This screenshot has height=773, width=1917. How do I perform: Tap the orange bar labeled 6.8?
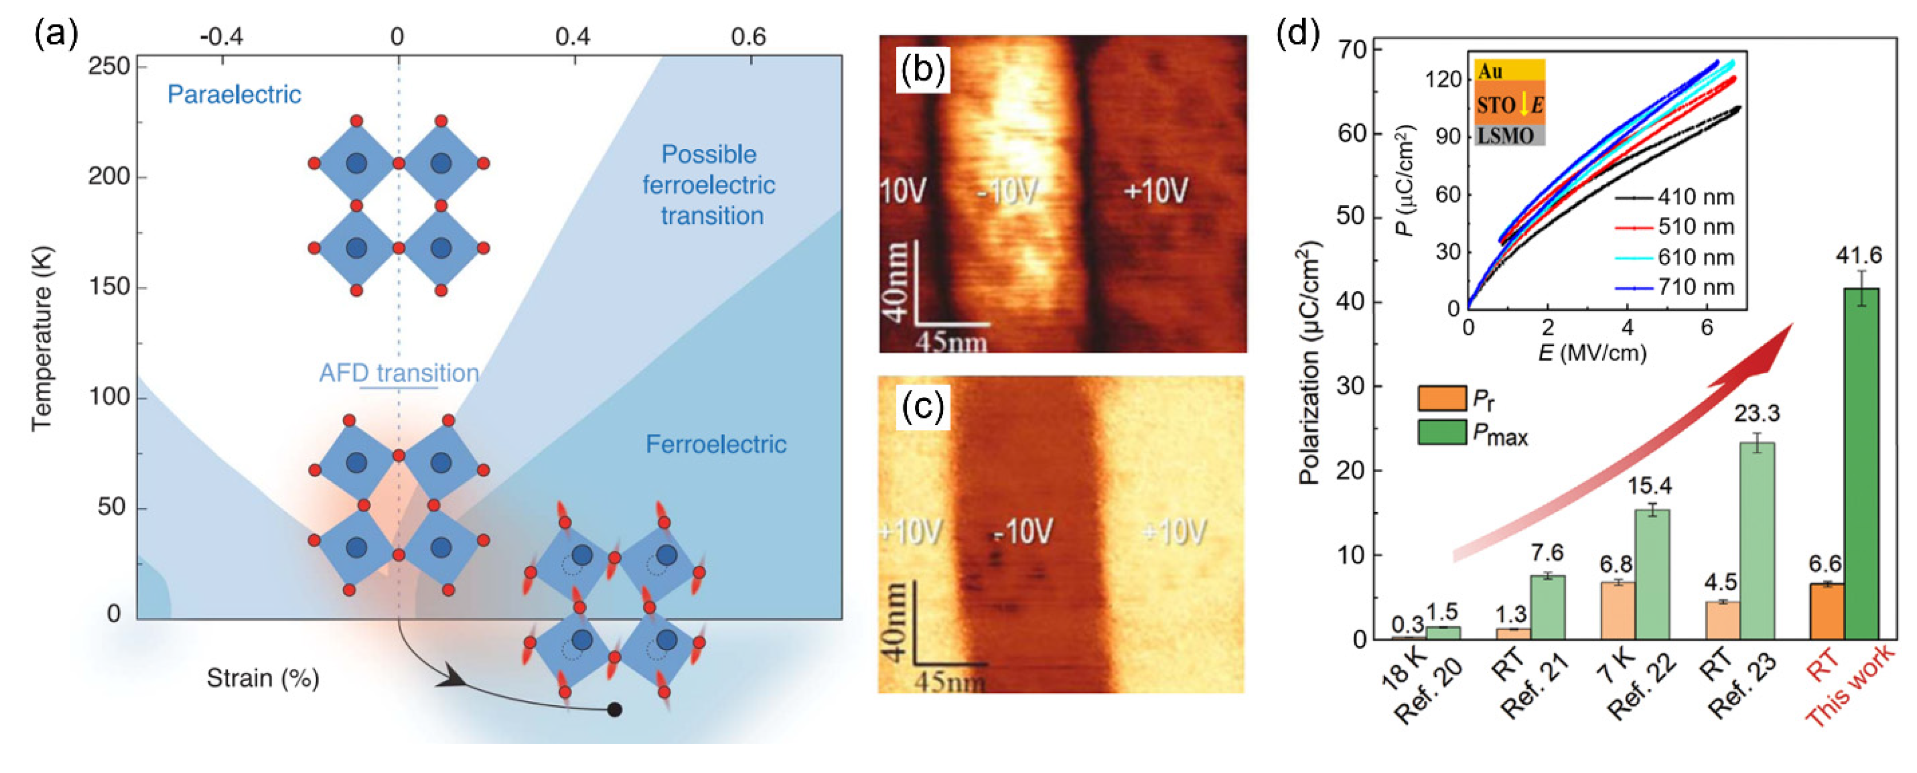(1617, 610)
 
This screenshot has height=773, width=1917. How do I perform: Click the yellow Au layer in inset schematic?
(1509, 71)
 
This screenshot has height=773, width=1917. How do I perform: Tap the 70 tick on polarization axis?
(1354, 50)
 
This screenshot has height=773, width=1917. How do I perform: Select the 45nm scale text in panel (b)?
(950, 342)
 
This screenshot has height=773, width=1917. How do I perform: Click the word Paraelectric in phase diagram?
(234, 94)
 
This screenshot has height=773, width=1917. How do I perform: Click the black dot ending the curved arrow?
(615, 709)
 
